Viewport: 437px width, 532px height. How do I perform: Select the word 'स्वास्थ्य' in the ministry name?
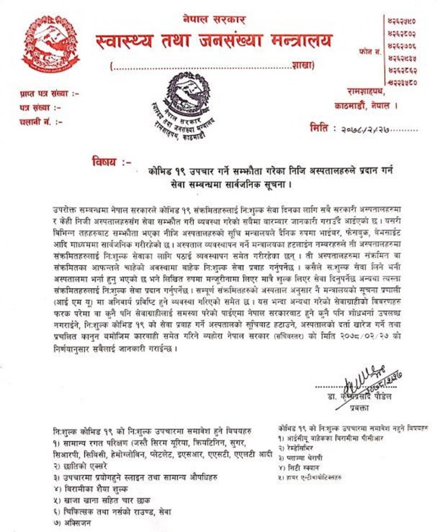pos(130,41)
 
